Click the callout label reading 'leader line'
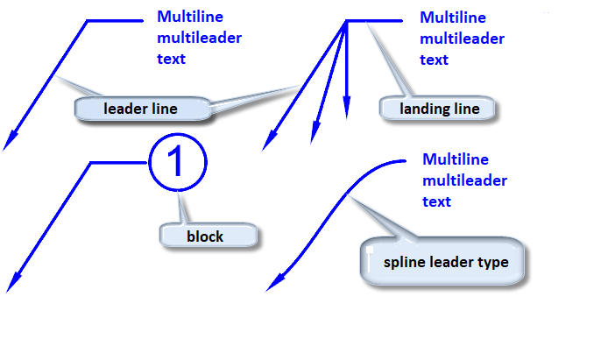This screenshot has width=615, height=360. point(140,109)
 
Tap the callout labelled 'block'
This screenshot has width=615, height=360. point(205,236)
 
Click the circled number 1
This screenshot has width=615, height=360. point(176,163)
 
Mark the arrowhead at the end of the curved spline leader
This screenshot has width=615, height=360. point(272,283)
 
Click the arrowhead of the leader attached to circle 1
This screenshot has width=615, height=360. point(12,283)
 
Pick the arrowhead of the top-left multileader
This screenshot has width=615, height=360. point(11,141)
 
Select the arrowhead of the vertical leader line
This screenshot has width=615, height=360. point(347,106)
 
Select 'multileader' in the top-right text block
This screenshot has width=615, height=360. point(462,39)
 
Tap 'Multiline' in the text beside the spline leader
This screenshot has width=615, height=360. point(455,159)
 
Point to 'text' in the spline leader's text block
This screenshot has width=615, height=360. point(436,201)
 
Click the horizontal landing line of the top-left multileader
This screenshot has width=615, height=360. point(115,21)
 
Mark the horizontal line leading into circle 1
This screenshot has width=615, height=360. point(119,163)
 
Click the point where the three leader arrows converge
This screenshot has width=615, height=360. point(347,21)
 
